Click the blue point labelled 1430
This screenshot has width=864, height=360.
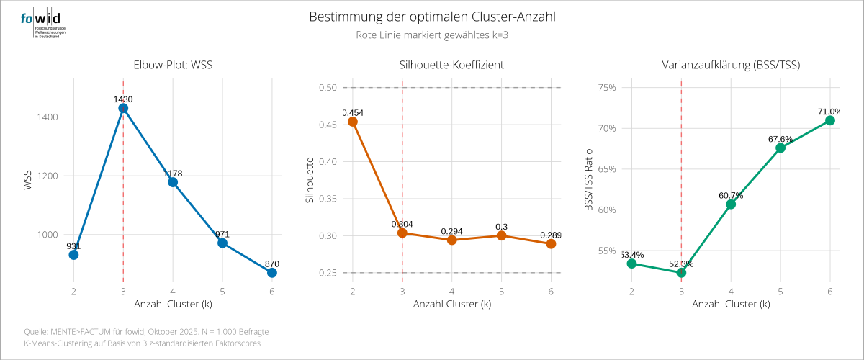(123, 108)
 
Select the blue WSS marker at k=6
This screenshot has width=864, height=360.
(271, 273)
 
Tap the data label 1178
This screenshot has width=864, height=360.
(173, 174)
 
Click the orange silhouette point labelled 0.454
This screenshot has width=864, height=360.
(353, 122)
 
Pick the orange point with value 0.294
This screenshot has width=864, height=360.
(451, 240)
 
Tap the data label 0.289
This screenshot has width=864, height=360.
(550, 235)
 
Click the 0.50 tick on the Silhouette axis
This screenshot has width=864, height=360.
(328, 88)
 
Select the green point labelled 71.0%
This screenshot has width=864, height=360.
(829, 120)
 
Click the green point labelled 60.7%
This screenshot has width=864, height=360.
(731, 204)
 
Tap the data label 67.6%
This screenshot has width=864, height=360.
(780, 139)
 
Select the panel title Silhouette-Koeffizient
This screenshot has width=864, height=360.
(451, 65)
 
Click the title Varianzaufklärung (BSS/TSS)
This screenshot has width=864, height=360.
(731, 65)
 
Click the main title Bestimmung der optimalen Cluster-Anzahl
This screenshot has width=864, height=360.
(432, 17)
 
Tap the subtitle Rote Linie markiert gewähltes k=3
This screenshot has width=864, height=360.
(432, 35)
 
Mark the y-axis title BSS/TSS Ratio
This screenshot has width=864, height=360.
(588, 181)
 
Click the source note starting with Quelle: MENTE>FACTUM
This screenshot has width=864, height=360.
(146, 331)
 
